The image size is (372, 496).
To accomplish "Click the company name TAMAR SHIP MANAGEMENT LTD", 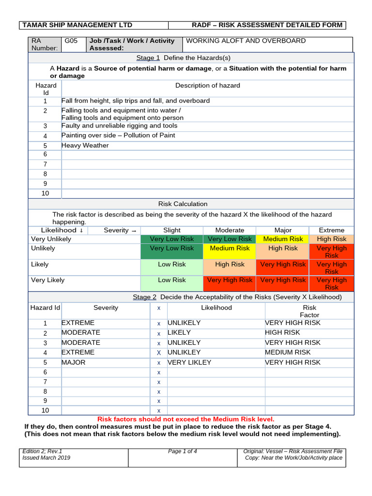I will [x=77, y=25].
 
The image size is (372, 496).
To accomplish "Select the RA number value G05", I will [x=71, y=41].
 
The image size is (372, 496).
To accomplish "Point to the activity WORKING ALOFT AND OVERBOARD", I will [x=246, y=41].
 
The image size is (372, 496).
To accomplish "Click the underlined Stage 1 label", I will [x=148, y=58].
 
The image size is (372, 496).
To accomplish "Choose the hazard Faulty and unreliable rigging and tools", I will [x=119, y=125].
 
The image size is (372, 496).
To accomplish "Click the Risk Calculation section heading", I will [x=183, y=204].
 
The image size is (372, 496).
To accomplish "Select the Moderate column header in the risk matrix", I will [x=230, y=230].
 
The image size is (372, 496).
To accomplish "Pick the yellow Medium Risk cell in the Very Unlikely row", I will [x=283, y=239].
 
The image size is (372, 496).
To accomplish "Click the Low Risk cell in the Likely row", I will [x=171, y=264].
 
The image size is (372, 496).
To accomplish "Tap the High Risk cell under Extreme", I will [x=332, y=239].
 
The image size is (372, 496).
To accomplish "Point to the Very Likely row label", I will [x=47, y=280].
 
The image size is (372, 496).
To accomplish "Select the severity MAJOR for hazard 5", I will [x=73, y=362].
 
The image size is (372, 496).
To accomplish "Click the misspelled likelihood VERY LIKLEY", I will [x=189, y=362].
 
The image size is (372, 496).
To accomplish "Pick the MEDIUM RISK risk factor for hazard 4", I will [x=288, y=352].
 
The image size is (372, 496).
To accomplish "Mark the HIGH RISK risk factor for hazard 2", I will [x=282, y=332].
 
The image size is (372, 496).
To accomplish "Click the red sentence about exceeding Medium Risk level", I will [x=186, y=419].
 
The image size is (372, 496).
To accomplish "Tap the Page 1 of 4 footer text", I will [x=182, y=451].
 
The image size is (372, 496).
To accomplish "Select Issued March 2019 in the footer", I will [x=46, y=458].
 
